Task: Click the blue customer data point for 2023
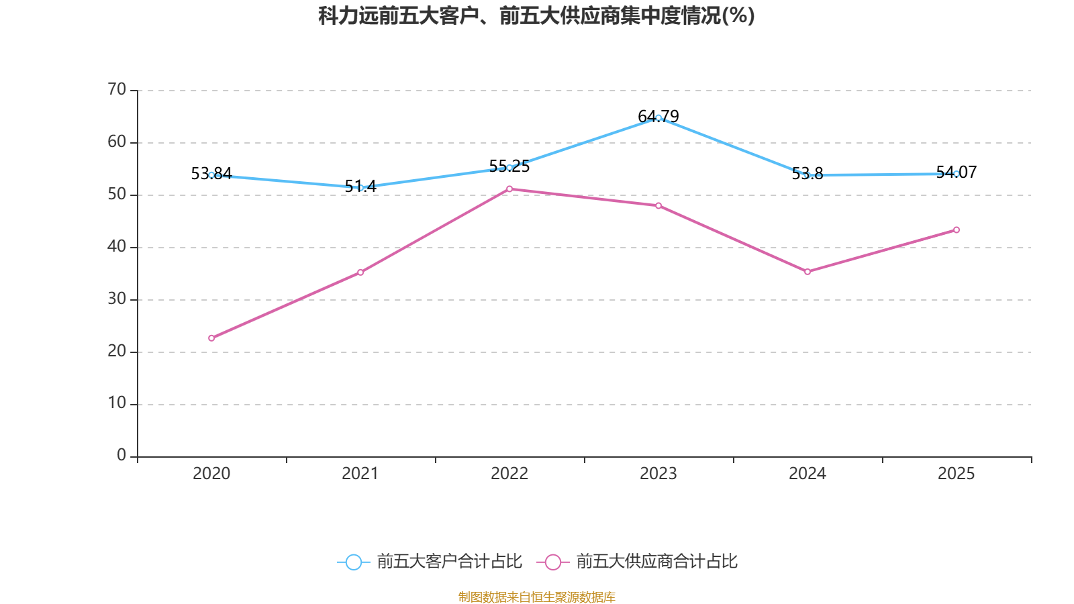pos(658,117)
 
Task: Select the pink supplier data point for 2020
pos(211,338)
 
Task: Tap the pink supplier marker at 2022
pos(509,189)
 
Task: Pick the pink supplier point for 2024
pos(808,272)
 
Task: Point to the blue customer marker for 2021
pos(360,187)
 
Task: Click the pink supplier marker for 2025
pos(957,230)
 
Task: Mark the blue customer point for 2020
pos(211,174)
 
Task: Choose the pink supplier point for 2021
pos(360,272)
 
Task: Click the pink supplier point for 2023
pos(658,205)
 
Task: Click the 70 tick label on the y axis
pos(117,89)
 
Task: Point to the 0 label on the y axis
pos(121,456)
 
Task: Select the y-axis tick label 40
pos(117,246)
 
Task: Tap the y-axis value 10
pos(117,403)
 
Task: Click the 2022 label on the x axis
pos(509,474)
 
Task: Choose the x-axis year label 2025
pos(956,474)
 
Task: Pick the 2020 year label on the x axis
pos(211,474)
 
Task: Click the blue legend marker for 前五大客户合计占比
pos(353,562)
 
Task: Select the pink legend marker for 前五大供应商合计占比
pos(552,562)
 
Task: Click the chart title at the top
pos(536,15)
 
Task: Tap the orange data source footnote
pos(536,597)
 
